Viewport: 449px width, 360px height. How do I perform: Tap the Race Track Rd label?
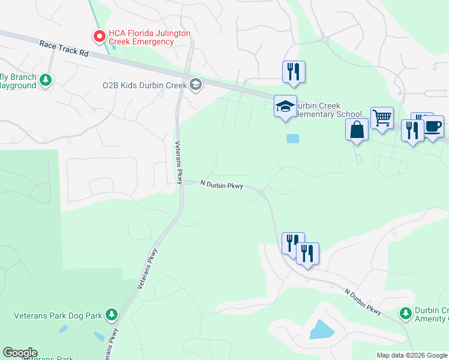[x=64, y=49]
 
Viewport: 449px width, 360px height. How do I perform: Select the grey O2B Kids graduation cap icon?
[x=195, y=85]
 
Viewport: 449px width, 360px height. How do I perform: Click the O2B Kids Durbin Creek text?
[x=145, y=85]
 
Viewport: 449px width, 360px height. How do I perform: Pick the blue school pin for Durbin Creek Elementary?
[x=285, y=107]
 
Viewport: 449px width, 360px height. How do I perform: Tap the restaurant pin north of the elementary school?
[x=294, y=71]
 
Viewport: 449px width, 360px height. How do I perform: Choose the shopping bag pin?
[x=357, y=129]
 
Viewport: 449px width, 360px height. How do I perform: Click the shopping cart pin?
[x=381, y=118]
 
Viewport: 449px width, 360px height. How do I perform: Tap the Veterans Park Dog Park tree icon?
[x=110, y=314]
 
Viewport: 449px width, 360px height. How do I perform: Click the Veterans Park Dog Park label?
[x=58, y=315]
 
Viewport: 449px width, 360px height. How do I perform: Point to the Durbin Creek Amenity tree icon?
[x=406, y=313]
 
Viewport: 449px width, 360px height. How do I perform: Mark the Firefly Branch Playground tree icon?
[x=45, y=80]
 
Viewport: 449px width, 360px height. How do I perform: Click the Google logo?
[x=20, y=353]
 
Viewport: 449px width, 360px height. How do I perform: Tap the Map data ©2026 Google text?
[x=411, y=355]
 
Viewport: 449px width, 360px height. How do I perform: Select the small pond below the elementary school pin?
[x=292, y=139]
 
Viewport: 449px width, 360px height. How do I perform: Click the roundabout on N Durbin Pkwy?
[x=262, y=192]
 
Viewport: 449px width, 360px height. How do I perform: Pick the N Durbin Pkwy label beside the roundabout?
[x=221, y=185]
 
